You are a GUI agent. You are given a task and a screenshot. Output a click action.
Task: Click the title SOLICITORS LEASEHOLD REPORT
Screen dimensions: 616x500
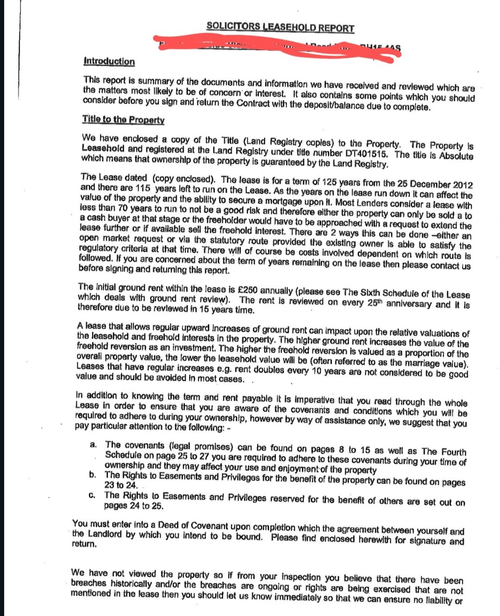click(280, 27)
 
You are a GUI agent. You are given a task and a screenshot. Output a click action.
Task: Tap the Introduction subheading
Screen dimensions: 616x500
click(109, 61)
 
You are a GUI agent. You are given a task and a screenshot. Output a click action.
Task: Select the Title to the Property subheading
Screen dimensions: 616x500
click(123, 119)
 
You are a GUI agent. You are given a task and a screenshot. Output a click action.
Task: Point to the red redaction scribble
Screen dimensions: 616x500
click(278, 47)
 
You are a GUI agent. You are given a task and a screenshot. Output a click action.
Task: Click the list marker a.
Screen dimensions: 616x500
click(94, 444)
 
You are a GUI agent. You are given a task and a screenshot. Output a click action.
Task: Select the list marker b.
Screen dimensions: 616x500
click(93, 474)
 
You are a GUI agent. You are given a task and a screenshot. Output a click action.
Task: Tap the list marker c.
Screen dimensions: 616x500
click(92, 495)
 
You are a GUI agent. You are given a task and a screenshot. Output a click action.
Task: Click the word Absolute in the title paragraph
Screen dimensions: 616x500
click(456, 156)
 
